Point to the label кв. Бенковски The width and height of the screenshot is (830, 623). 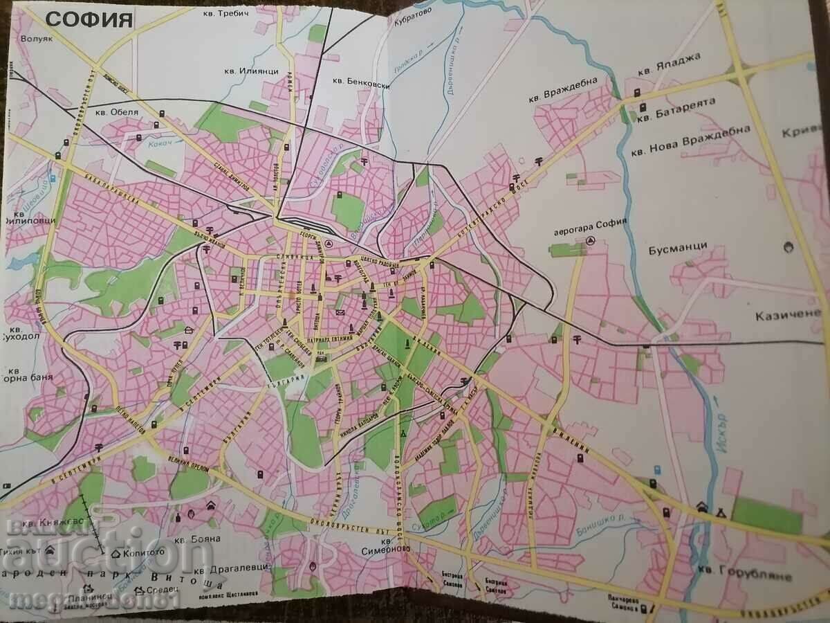click(x=362, y=82)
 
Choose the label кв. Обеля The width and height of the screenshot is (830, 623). click(x=117, y=111)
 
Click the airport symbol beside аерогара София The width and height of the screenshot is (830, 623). click(x=590, y=240)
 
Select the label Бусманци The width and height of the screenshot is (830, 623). click(x=680, y=246)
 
